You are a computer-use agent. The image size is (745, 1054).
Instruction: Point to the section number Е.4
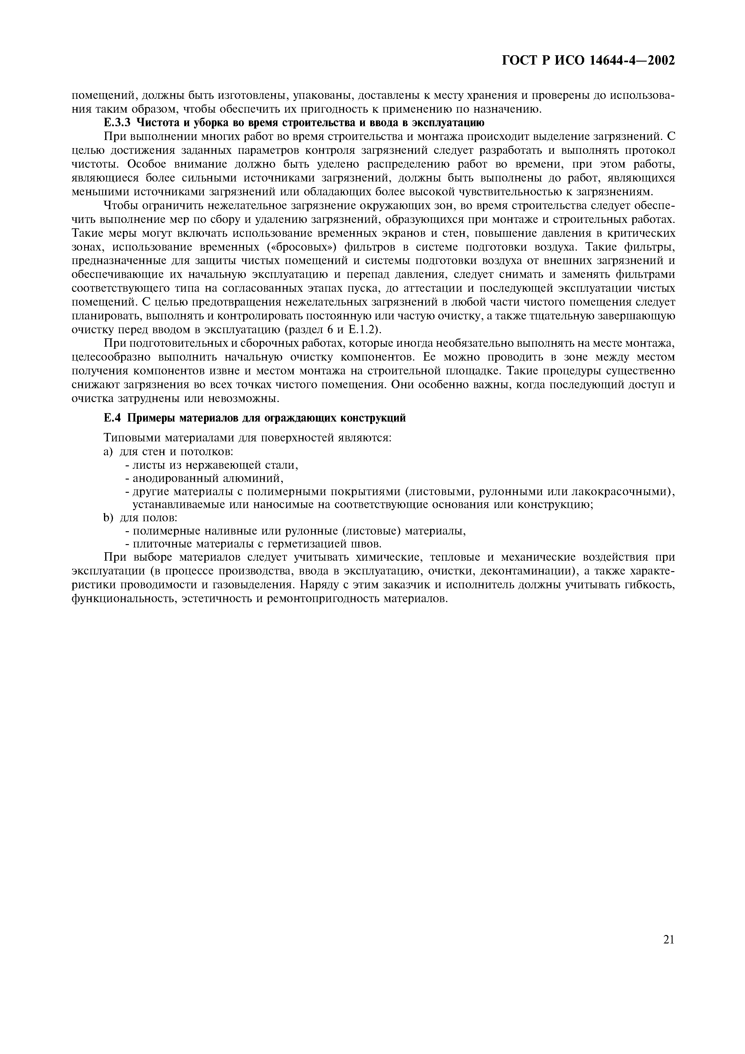[112, 418]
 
